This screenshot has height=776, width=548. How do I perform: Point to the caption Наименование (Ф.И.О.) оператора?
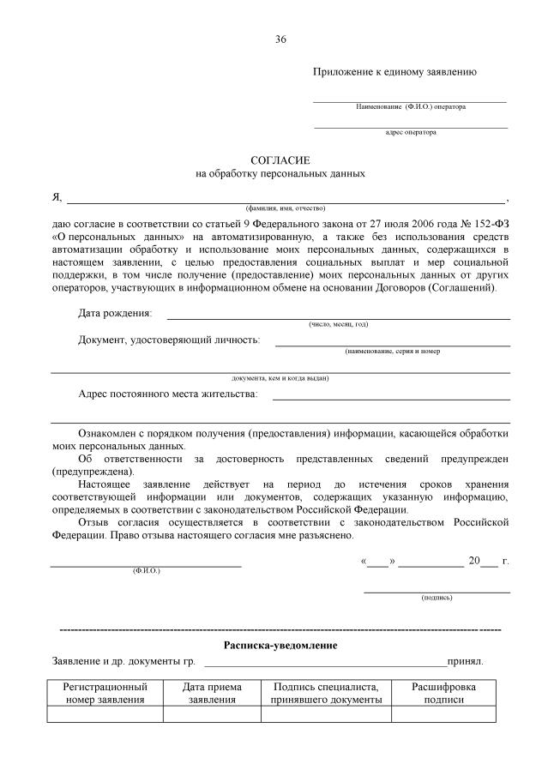point(411,107)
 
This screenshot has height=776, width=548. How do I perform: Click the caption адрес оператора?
point(411,132)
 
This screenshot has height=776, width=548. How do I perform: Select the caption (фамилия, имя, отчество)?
point(285,208)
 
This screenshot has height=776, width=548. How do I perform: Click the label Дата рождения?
point(115,313)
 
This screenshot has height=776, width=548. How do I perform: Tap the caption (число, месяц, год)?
point(338,324)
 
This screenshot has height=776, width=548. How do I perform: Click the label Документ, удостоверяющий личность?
point(169,340)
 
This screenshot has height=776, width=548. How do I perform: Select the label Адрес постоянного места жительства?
point(167,394)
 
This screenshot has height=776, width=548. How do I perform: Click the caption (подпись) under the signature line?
point(437,597)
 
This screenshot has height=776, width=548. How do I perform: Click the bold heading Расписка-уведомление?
point(280,645)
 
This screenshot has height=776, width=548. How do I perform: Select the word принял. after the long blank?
point(465,662)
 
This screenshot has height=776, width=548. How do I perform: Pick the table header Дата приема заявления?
point(212,693)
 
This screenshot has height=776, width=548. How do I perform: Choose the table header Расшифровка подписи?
point(443,693)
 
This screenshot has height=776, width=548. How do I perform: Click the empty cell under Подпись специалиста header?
point(326,714)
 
